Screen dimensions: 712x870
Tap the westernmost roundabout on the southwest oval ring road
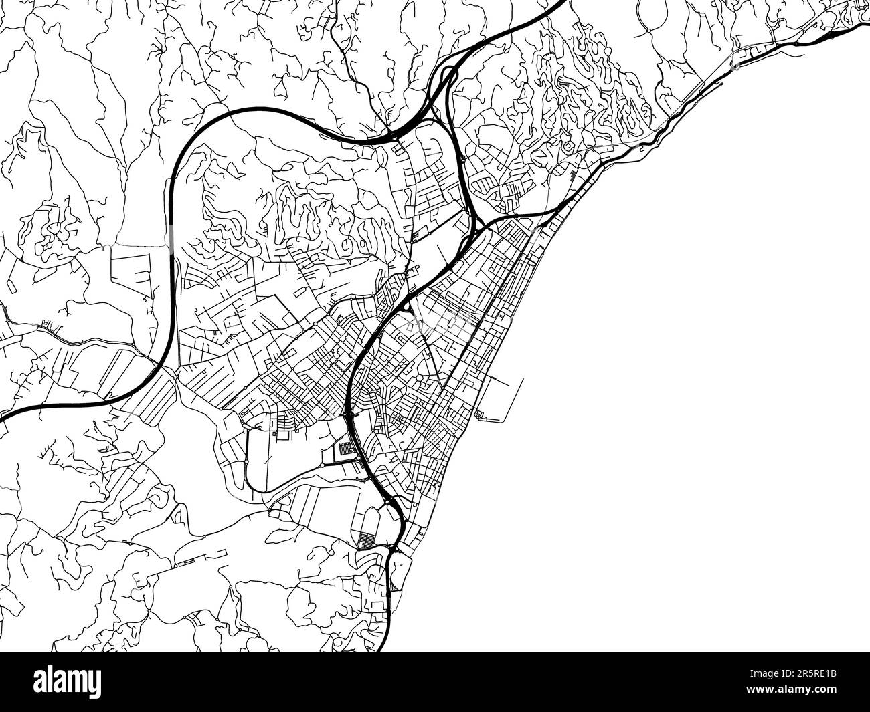246,461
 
